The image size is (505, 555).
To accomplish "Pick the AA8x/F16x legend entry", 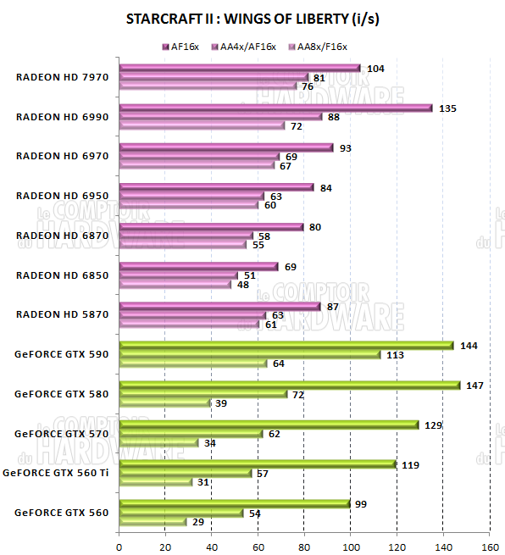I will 319,47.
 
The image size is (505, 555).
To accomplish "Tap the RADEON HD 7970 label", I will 62,77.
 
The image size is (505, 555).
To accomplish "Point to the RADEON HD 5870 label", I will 62,314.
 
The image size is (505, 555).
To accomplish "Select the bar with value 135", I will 275,108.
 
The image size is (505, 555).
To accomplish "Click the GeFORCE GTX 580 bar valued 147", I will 290,385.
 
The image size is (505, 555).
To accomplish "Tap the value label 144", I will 468,346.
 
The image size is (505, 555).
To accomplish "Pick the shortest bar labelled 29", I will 153,522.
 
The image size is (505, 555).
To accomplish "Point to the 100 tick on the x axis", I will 350,545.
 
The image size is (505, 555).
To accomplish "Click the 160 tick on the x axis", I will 489,545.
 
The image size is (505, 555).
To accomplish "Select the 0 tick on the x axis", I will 119,545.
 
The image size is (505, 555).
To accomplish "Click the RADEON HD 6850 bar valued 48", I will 175,285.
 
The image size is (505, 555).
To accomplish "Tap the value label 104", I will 375,68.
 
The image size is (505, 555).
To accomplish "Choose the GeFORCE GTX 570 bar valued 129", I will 269,425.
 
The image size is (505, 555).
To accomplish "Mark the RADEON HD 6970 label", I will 62,156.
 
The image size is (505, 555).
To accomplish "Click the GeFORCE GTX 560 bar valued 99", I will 234,503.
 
